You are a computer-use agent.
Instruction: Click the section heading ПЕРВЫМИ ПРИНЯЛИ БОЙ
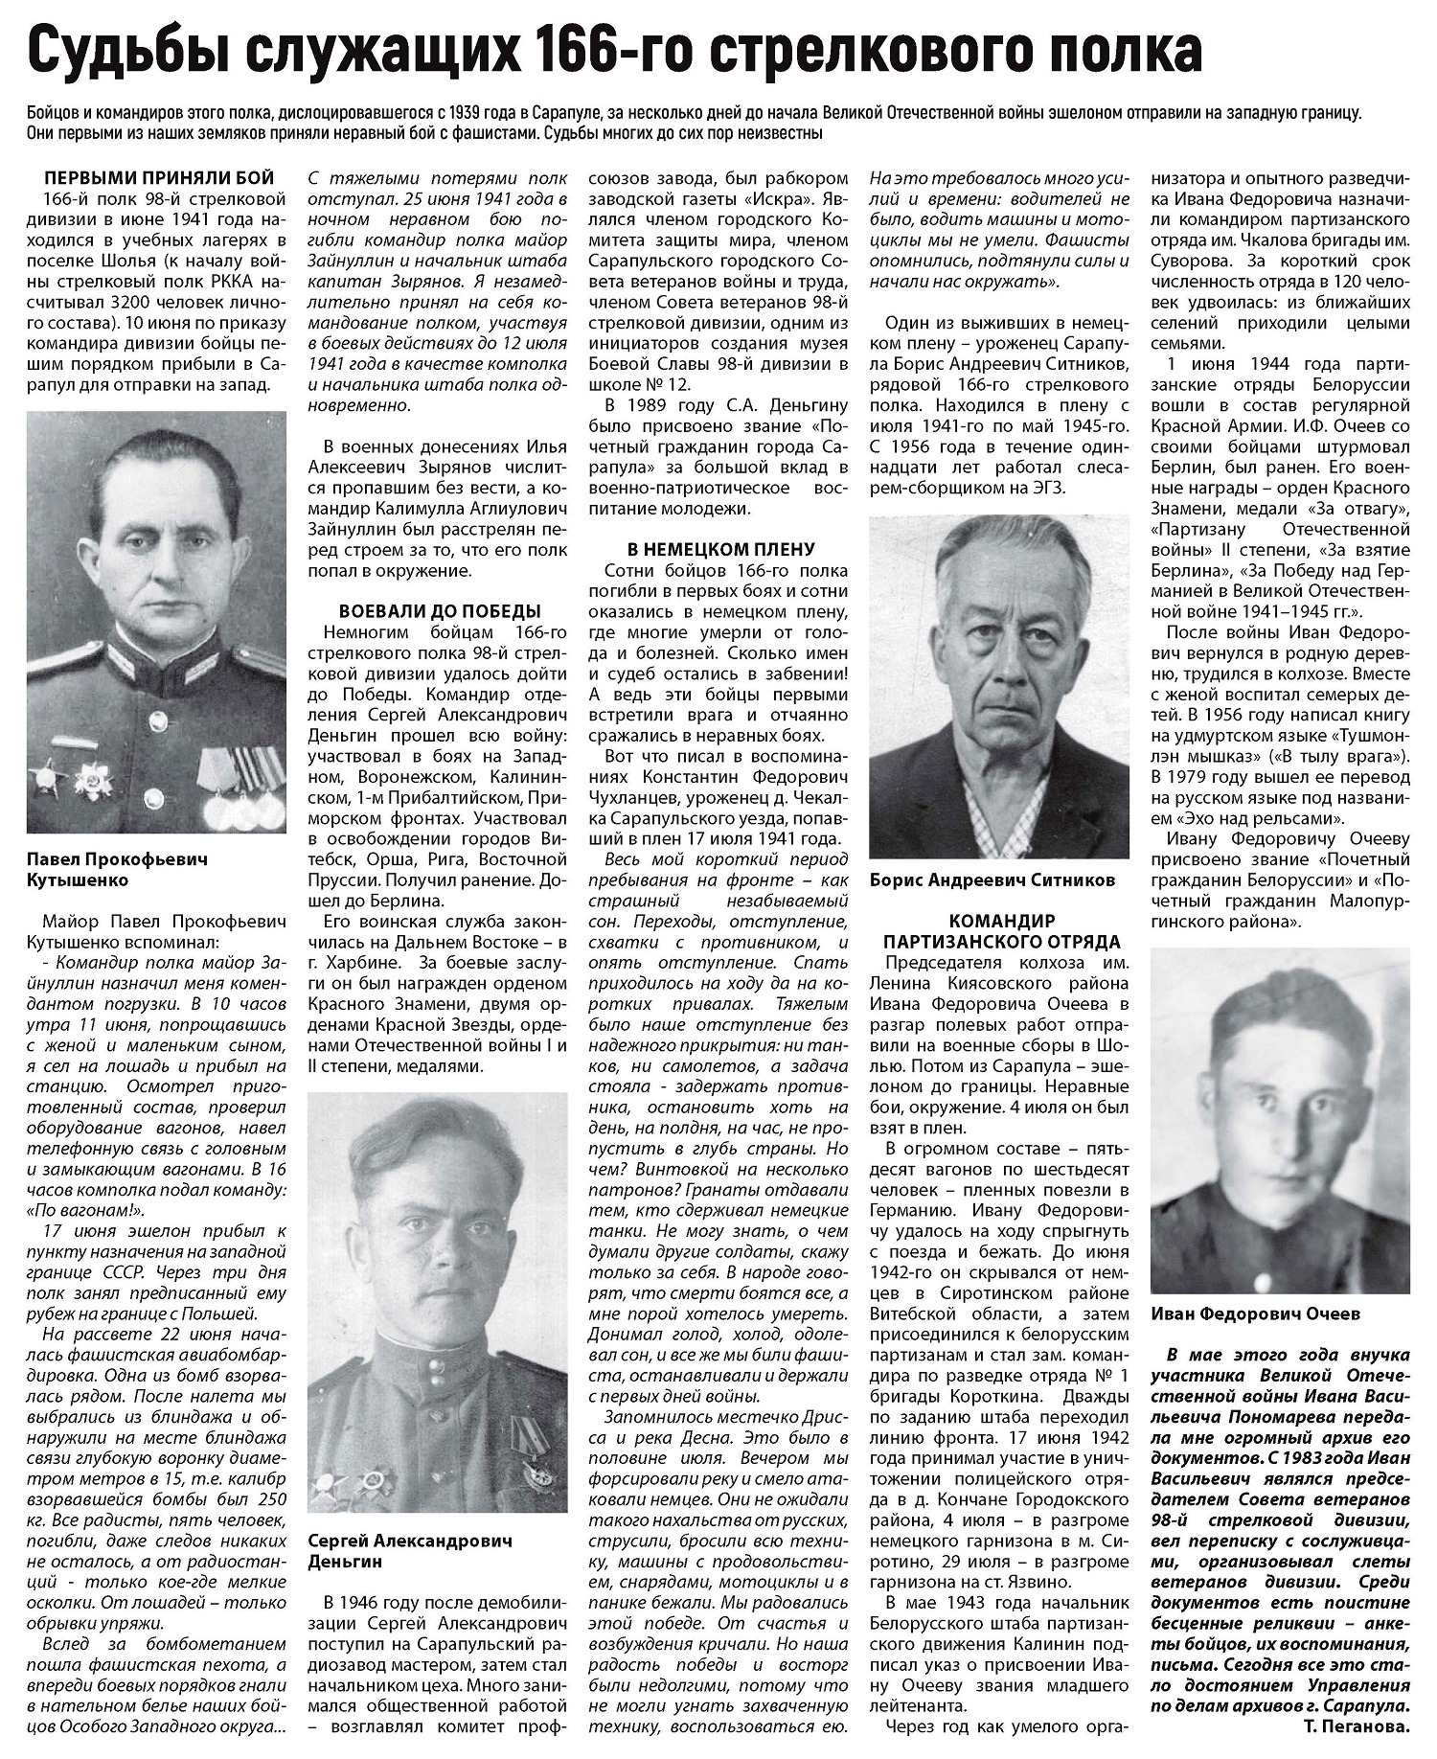tap(159, 178)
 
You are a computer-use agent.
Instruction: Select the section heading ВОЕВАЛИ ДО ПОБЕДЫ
tap(440, 611)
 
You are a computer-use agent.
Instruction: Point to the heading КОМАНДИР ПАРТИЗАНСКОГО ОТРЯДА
tap(999, 928)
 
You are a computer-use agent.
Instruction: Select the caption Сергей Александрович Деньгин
tap(410, 1549)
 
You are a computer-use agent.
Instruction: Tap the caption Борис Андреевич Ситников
tap(992, 880)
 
